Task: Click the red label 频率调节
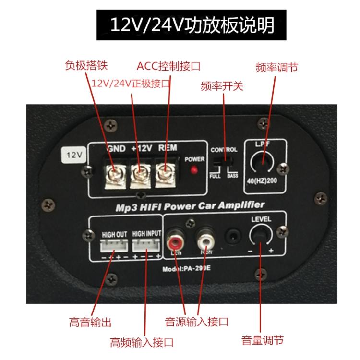pyautogui.click(x=276, y=67)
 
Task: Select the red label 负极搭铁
pyautogui.click(x=86, y=65)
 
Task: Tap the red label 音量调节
pyautogui.click(x=262, y=340)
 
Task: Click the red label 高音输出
pyautogui.click(x=90, y=322)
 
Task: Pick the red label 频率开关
pyautogui.click(x=222, y=86)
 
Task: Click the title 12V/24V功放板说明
pyautogui.click(x=192, y=24)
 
